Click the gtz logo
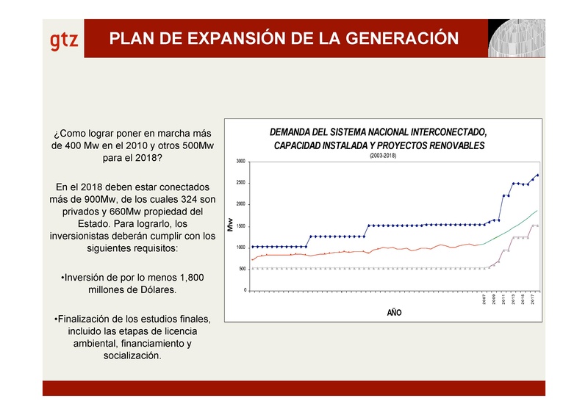click(64, 40)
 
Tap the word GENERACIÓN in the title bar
click(398, 38)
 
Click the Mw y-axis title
click(230, 226)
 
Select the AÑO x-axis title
click(395, 313)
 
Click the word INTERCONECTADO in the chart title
click(443, 132)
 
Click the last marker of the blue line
click(538, 175)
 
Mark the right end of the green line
click(538, 211)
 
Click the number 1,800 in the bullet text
click(187, 278)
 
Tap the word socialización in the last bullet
click(133, 356)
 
